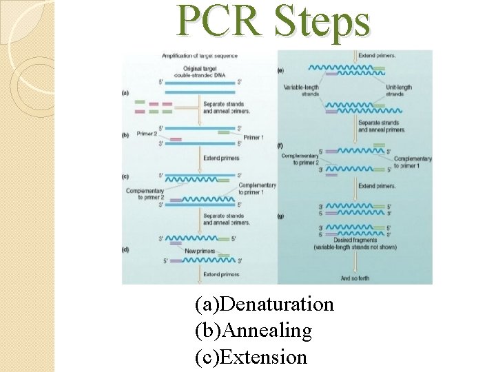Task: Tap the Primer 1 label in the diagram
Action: [x=253, y=137]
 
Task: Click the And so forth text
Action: [x=355, y=278]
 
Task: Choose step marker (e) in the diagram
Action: [x=280, y=70]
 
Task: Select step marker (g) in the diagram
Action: [x=280, y=216]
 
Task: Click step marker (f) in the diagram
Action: [x=280, y=145]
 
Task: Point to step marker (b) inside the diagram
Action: [x=126, y=136]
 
